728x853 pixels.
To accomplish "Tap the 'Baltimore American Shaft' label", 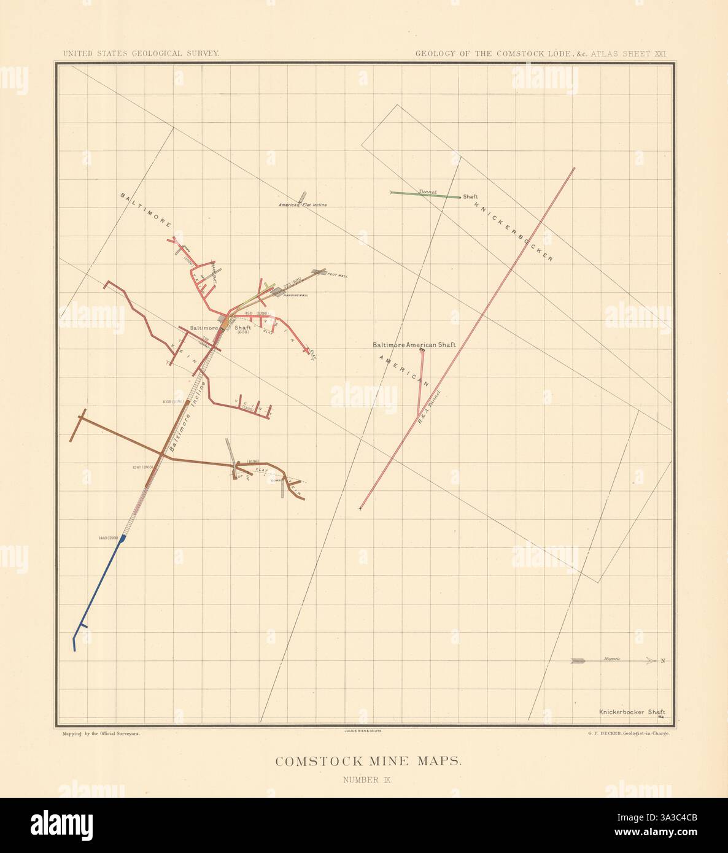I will point(414,345).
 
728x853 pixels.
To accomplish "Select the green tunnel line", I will point(426,195).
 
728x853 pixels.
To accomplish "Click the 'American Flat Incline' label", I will point(303,204).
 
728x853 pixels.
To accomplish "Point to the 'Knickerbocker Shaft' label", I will point(632,712).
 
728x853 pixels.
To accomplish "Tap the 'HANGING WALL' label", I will point(295,295).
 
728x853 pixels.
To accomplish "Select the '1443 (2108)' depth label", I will point(107,538).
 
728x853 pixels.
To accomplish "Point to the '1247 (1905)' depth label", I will point(145,467).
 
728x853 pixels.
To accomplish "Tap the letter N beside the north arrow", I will point(663,661).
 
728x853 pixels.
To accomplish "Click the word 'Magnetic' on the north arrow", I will point(612,658).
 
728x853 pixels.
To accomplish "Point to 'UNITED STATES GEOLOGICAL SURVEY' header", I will point(141,53).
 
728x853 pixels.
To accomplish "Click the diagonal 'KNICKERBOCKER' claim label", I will point(514,231).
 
